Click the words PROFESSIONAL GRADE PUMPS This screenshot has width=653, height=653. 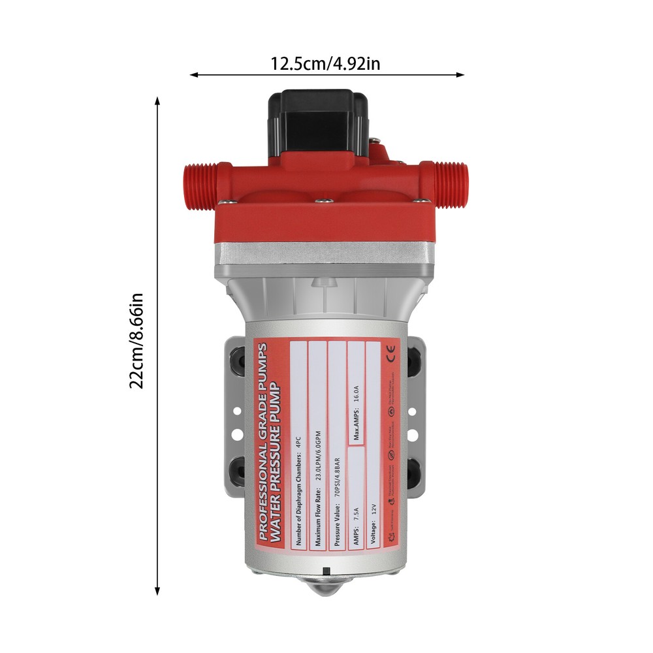[262, 441]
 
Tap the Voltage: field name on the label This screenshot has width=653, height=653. [374, 536]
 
